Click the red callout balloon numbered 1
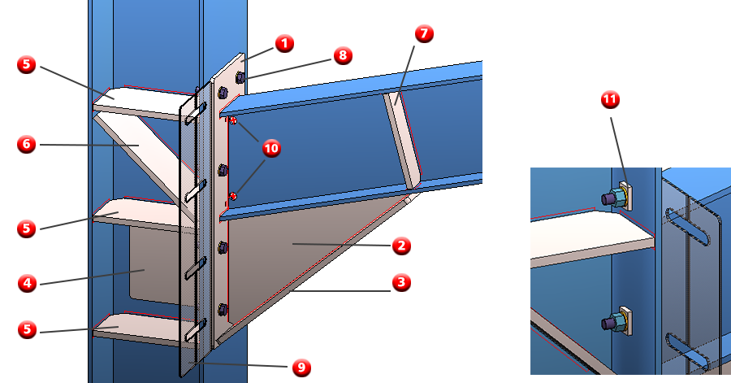284,44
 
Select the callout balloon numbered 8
343,55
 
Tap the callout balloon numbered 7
424,33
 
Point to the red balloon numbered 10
271,148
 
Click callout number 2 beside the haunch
401,246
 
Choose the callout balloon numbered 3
401,282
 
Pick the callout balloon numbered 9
301,367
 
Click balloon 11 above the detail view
610,99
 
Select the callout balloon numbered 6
27,144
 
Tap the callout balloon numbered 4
27,283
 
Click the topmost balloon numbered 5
27,64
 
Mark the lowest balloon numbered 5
27,329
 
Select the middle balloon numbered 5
27,228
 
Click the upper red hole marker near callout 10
233,121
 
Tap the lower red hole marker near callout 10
233,197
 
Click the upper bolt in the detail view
616,197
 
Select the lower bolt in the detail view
616,320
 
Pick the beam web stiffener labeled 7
402,140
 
